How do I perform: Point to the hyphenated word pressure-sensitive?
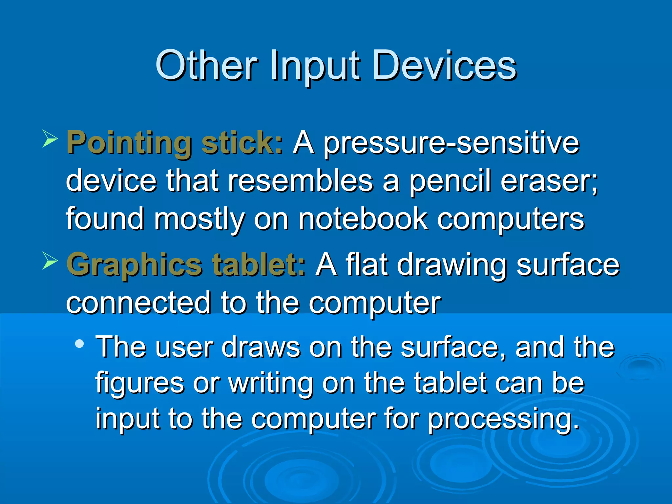click(x=451, y=144)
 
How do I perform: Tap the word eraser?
click(x=549, y=181)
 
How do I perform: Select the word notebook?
click(x=363, y=219)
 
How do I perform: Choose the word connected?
click(x=138, y=303)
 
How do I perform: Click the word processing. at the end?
click(x=504, y=420)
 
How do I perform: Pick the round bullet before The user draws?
click(x=79, y=344)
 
